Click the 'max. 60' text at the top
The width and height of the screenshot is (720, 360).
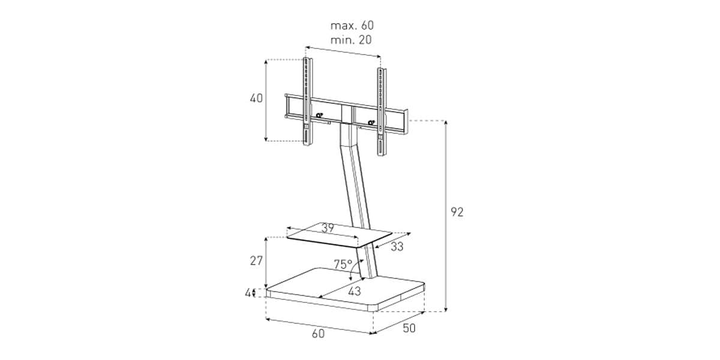click(352, 25)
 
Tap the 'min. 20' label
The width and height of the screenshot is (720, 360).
click(351, 40)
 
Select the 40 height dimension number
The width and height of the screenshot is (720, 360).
click(256, 98)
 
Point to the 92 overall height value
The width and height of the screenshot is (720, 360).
click(457, 212)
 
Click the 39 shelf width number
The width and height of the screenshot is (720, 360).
click(328, 228)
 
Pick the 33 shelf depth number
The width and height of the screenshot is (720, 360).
click(397, 247)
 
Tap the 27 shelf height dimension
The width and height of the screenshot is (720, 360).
click(256, 260)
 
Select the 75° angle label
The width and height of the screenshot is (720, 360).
click(343, 264)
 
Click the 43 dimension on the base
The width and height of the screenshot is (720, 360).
click(355, 291)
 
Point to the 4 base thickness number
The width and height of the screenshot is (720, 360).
click(248, 293)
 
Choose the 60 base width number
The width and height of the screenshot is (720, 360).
click(318, 334)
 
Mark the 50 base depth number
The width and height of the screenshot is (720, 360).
click(409, 328)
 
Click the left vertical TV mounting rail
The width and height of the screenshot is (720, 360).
click(307, 101)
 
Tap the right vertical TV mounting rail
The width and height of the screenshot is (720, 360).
click(382, 112)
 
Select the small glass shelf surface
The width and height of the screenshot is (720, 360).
click(339, 235)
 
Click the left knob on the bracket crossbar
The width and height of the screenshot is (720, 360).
click(319, 115)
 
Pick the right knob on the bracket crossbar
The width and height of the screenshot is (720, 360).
click(371, 122)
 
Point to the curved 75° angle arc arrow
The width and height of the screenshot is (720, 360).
click(353, 269)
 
